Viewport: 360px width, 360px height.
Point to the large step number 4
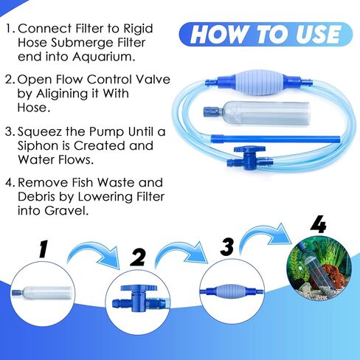319,223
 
